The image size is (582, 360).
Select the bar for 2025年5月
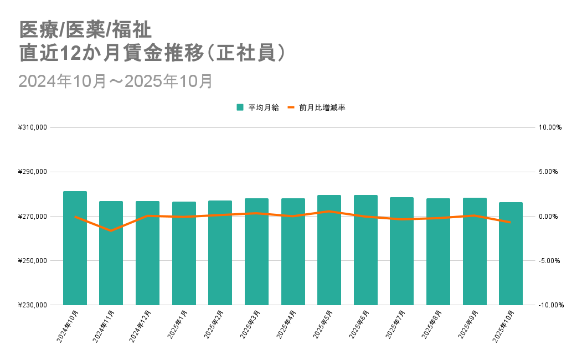329,250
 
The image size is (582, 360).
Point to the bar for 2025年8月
438,251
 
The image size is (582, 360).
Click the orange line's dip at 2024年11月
111,230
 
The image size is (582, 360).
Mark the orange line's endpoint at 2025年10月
511,223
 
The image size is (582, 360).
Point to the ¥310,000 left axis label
32,127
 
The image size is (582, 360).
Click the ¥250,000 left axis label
32,261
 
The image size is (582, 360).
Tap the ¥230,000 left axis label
32,305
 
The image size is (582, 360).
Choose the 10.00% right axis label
550,127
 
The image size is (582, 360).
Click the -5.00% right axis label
550,261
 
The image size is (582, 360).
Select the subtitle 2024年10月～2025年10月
116,81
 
